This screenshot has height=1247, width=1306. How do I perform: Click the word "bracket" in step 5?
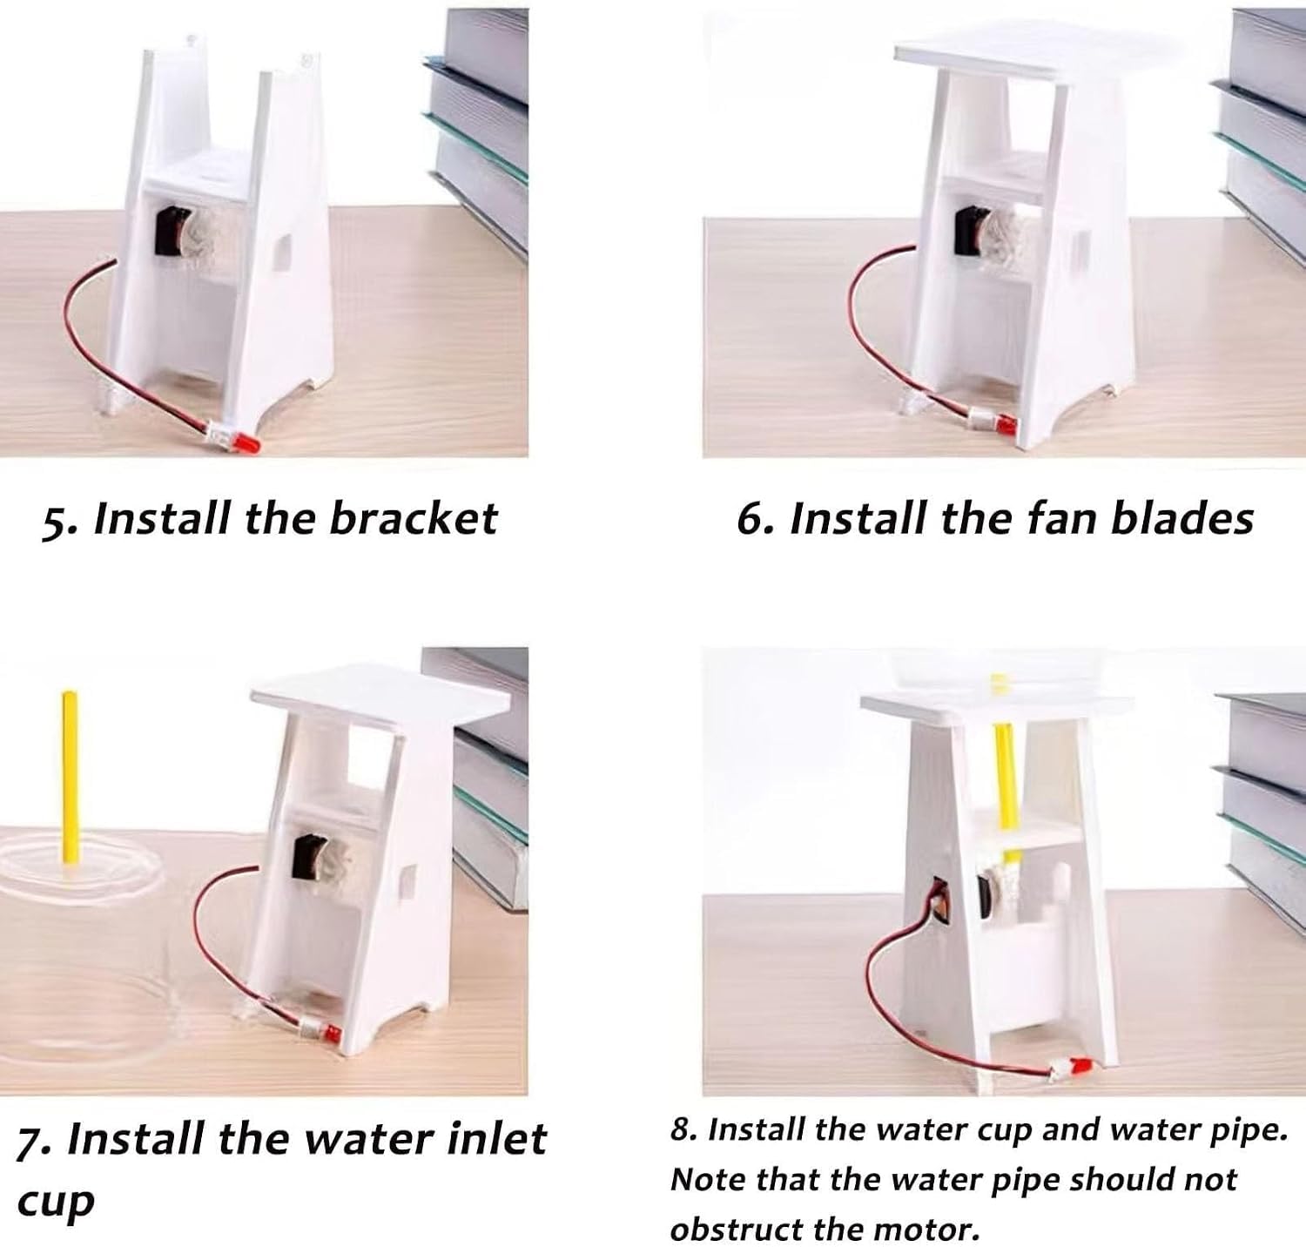pos(413,518)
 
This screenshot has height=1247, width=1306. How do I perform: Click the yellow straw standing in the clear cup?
pos(69,778)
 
